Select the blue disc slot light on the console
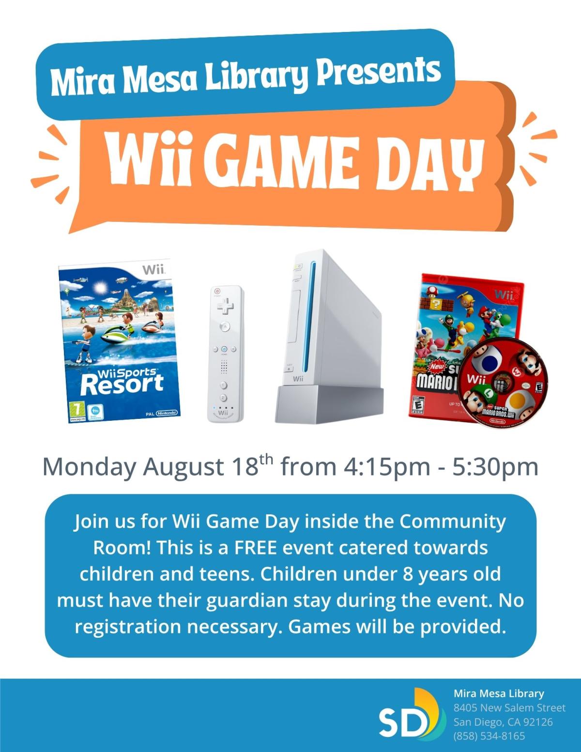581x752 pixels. click(x=313, y=315)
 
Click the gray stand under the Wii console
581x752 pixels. click(x=329, y=404)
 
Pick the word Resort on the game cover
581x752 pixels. click(x=122, y=384)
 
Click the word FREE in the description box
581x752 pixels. click(x=256, y=548)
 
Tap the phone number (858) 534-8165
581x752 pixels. click(x=489, y=736)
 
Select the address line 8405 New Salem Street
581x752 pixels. click(x=509, y=708)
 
